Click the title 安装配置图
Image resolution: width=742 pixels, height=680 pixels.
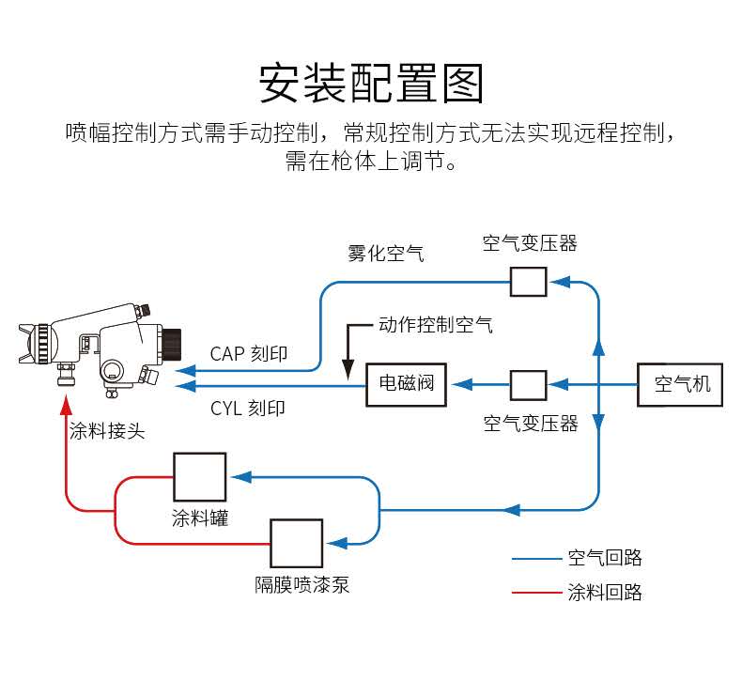(x=371, y=84)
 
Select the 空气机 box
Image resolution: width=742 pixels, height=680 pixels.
(x=680, y=384)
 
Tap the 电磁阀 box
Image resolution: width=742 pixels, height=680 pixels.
(x=406, y=384)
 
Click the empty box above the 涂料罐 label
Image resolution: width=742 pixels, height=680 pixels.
(x=199, y=477)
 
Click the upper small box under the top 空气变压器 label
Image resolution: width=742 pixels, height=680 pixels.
(x=528, y=281)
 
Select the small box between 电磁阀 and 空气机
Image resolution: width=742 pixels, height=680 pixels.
(x=528, y=384)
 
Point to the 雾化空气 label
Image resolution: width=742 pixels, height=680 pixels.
(x=385, y=254)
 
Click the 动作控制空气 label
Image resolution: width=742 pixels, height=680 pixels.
(x=435, y=326)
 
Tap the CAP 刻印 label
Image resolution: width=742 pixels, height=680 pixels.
(x=248, y=354)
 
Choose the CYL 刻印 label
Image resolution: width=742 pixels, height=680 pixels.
(x=248, y=409)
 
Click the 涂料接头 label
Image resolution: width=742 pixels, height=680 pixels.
(x=107, y=433)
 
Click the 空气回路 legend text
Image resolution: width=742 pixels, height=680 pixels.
(x=605, y=559)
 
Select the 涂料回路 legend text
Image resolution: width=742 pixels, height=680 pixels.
(x=605, y=593)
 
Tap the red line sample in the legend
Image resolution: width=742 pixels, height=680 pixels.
(x=534, y=593)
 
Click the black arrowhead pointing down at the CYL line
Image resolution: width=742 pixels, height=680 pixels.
(x=348, y=366)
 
